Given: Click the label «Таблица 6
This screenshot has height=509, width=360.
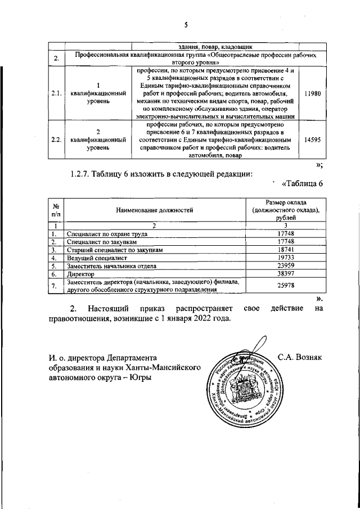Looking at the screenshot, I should (x=302, y=183).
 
